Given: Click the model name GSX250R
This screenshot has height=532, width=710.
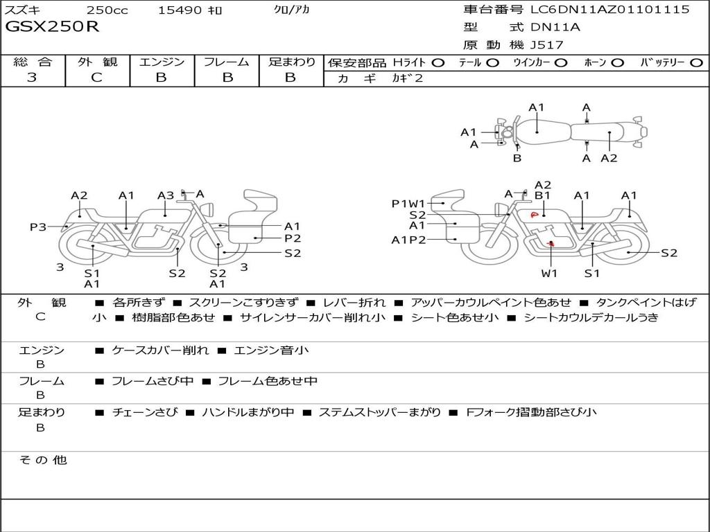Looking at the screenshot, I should [53, 27].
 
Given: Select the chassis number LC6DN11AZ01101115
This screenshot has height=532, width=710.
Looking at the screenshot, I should [610, 10].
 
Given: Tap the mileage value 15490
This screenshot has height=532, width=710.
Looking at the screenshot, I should [180, 10].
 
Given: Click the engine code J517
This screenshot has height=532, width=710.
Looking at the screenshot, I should [547, 45].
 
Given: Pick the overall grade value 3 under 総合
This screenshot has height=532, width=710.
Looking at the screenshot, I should [32, 78].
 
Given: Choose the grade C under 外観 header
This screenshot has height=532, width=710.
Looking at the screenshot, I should [97, 78].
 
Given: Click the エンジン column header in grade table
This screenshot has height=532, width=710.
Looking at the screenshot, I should [162, 62].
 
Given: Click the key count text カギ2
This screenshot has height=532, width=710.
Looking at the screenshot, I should [408, 78].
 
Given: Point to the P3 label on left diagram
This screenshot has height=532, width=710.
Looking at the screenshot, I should [37, 227].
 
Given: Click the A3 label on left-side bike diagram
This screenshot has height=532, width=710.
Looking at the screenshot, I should [165, 195].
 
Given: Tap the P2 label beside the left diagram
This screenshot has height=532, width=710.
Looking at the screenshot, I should [293, 238].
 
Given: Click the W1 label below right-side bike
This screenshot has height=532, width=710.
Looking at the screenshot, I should [549, 273].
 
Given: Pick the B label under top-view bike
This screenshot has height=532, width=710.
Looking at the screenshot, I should [517, 158].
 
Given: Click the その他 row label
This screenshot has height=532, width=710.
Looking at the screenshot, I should [42, 460].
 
